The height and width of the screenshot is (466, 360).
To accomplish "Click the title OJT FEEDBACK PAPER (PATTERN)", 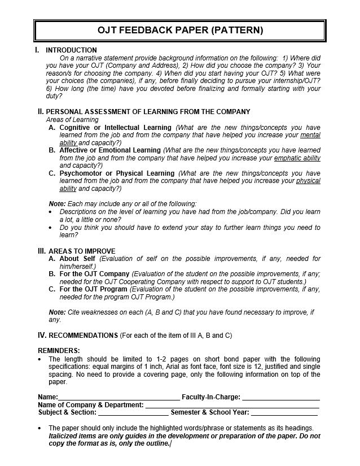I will point(180,31).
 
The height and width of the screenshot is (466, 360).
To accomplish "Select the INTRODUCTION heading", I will point(71,50).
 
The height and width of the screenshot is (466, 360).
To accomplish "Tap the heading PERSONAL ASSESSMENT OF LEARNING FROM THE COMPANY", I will point(148,112).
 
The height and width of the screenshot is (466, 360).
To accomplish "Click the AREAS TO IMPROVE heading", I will point(82,251).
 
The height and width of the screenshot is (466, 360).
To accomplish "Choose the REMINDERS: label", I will point(59,351).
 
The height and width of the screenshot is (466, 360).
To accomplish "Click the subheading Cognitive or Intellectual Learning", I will point(116,128).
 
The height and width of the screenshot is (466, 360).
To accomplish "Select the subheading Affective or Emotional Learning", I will point(111,150).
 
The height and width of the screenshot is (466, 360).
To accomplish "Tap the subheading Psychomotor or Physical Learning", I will point(117,173).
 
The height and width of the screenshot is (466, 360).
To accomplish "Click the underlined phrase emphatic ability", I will point(297,158).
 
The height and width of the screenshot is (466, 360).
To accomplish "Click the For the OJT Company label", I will point(94,274).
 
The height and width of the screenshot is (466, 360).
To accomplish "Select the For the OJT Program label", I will point(94,289).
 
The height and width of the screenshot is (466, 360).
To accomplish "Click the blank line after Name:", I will point(118,398).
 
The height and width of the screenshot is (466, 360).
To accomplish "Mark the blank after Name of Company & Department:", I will point(232,406).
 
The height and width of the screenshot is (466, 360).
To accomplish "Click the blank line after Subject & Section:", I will point(133,413).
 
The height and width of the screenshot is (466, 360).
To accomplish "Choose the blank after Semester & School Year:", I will point(284,413).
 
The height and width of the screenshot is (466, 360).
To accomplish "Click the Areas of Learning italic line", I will point(72,120).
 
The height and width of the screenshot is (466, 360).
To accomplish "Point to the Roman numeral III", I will point(41,251).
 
